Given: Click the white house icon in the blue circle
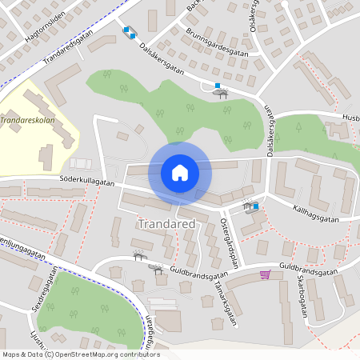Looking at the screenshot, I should (179, 173).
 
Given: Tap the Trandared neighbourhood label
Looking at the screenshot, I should (166, 225).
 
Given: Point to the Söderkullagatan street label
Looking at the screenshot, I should (86, 182).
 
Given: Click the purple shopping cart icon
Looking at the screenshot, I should (265, 274).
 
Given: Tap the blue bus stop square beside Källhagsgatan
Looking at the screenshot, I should (256, 207).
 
